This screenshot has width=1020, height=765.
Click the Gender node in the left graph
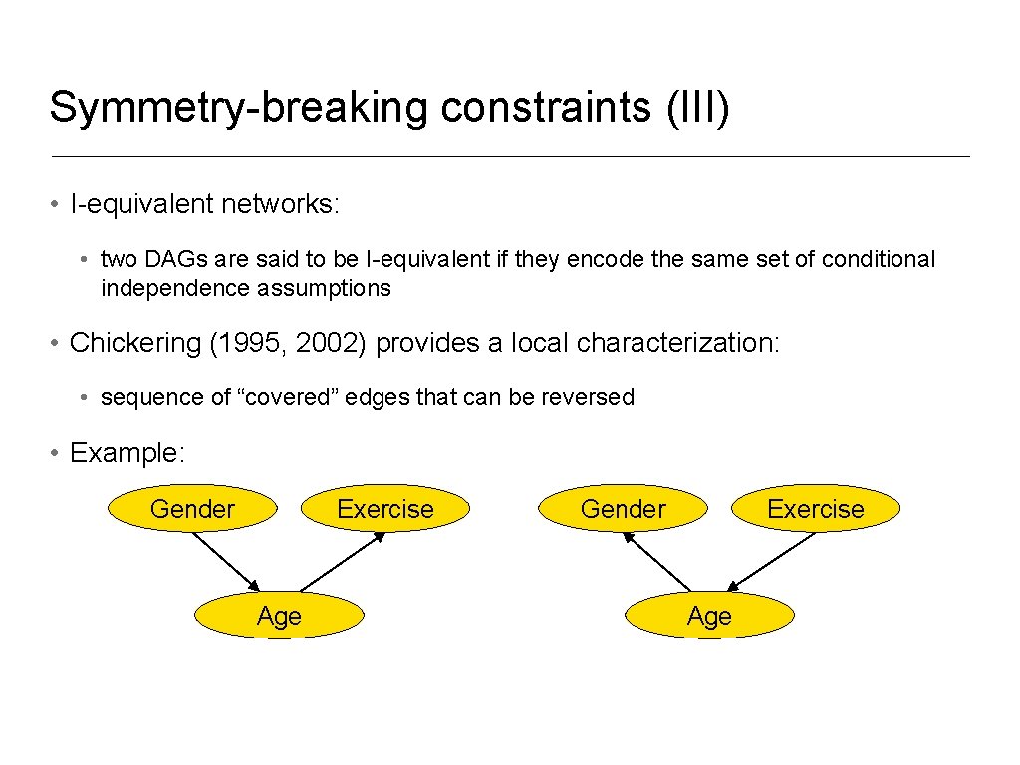coord(192,509)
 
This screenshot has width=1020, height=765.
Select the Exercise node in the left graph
coord(384,509)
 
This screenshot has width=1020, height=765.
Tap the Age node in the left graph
coord(279,616)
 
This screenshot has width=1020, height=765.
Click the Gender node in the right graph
coord(623,509)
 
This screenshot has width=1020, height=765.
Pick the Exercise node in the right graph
coord(815,509)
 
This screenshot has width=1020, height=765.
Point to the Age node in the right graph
coord(709,616)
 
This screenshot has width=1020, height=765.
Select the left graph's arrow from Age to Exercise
coord(342,562)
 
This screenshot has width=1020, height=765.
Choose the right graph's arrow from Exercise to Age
coord(772,561)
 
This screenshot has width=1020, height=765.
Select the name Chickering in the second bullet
coord(135,343)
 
